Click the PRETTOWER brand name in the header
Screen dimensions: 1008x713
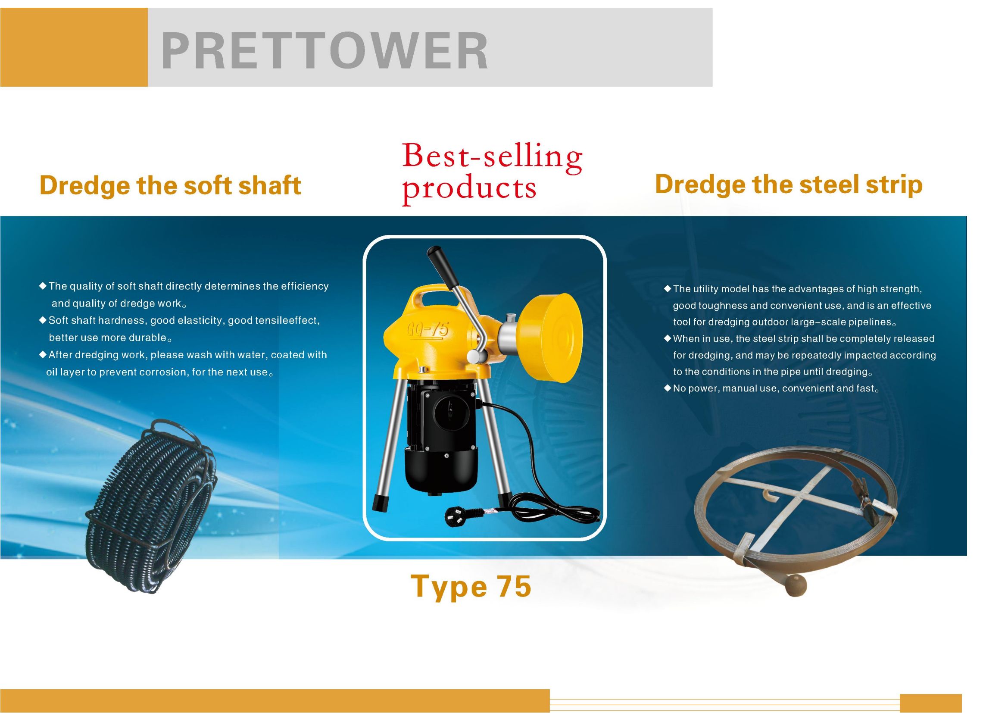coord(325,51)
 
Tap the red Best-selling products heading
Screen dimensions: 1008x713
coord(492,173)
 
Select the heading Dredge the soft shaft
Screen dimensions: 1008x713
coord(170,186)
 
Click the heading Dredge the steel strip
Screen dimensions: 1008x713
coord(789,185)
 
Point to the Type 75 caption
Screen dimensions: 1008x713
coord(471,587)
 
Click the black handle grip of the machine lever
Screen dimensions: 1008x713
coord(441,262)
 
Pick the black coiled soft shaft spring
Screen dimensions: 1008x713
coord(154,505)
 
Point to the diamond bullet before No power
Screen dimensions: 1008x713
coord(668,388)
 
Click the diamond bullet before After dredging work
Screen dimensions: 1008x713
coord(43,354)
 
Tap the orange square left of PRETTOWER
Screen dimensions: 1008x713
coord(74,47)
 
